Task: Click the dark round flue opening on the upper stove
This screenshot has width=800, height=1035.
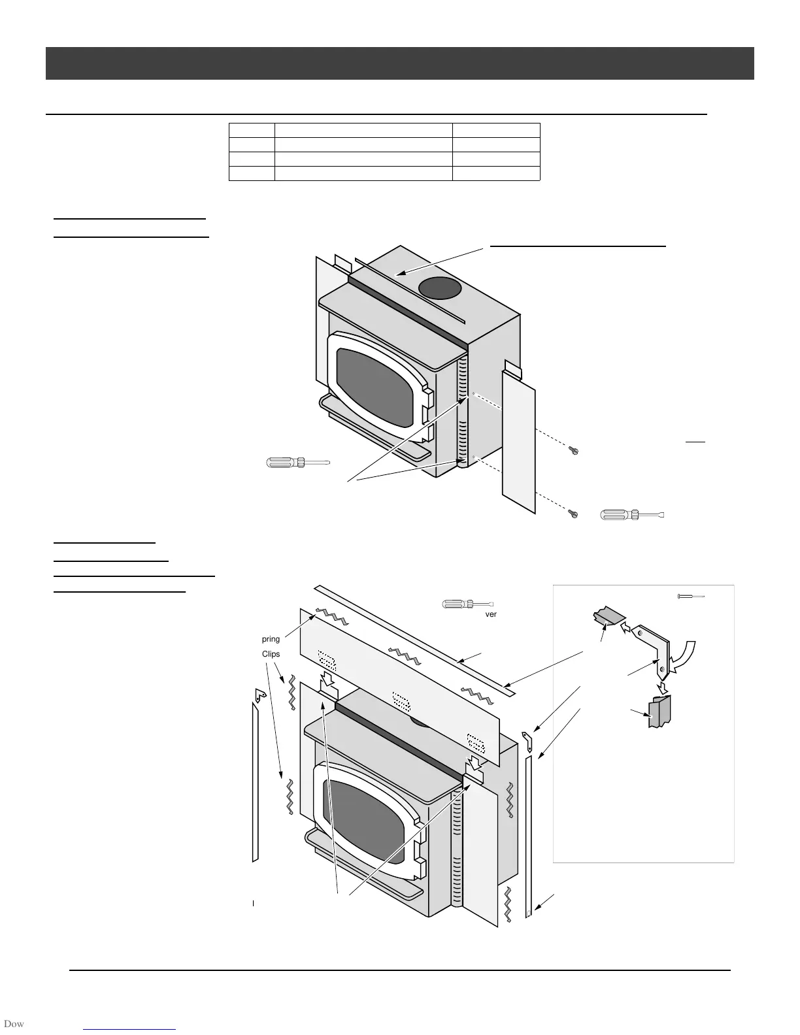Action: (x=439, y=289)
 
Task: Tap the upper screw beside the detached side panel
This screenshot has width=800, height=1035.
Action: (x=574, y=450)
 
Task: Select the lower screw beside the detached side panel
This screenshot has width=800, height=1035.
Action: (x=574, y=514)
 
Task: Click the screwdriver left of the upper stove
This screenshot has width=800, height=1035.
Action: (x=297, y=463)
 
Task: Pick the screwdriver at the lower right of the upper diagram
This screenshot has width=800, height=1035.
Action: (x=631, y=516)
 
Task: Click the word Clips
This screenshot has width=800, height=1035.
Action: (x=271, y=654)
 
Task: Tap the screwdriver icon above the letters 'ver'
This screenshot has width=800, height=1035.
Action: (x=467, y=604)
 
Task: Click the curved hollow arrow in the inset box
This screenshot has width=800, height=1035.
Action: (x=683, y=657)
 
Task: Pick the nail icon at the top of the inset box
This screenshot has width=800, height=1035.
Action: (x=691, y=596)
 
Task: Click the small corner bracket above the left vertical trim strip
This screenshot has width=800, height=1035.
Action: (x=259, y=695)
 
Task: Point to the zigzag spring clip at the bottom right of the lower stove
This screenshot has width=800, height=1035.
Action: (x=508, y=904)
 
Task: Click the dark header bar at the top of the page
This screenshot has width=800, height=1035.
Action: (x=399, y=63)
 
